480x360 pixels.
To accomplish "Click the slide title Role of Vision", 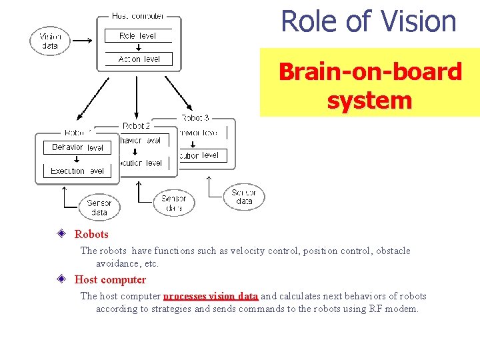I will tap(369, 21).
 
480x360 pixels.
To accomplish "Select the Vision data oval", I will tap(49, 41).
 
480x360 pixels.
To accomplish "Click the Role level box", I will tap(139, 36).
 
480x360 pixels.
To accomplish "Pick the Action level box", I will tap(139, 59).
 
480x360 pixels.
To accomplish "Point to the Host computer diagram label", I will tap(139, 15).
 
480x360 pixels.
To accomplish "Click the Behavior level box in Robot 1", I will tap(77, 147).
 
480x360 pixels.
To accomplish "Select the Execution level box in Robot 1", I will tap(77, 171).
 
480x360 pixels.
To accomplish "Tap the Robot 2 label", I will tap(136, 125).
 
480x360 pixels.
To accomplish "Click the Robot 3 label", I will tap(195, 118).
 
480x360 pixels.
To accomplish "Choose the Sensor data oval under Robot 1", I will tap(99, 207).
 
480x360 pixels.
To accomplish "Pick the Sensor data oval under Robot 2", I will tap(174, 203).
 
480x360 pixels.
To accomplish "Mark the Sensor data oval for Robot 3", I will tap(244, 197).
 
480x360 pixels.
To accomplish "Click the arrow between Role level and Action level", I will tap(139, 47).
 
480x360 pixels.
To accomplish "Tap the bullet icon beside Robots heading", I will tap(61, 234).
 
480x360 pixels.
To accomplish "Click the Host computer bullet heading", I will tap(110, 279).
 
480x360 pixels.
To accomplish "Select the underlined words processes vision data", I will tap(211, 296).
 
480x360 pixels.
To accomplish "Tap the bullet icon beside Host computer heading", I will tap(61, 279).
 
